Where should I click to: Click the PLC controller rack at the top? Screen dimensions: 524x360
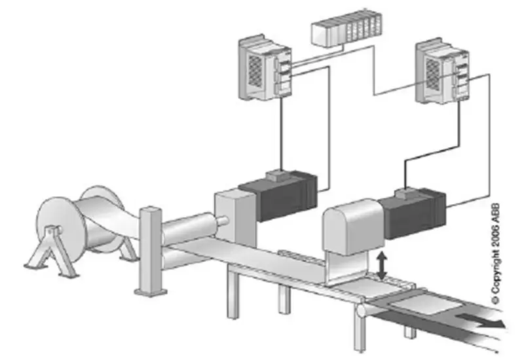click(346, 28)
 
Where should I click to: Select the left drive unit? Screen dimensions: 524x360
click(265, 67)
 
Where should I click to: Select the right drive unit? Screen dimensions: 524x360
click(441, 71)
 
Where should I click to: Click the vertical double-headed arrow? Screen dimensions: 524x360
click(381, 266)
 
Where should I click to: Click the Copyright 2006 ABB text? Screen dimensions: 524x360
click(496, 253)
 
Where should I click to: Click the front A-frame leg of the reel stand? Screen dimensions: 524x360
click(52, 251)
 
